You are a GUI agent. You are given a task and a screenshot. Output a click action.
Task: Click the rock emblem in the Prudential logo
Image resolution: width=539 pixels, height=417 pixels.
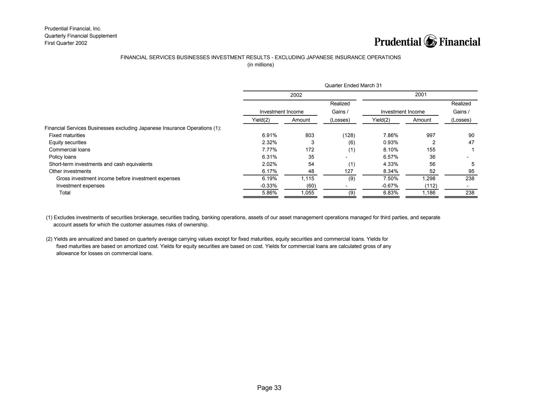pos(430,41)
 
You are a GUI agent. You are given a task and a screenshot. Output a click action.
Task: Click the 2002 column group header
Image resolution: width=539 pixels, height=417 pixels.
pos(296,95)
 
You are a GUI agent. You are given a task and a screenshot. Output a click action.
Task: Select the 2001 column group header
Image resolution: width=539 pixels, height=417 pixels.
pos(421,95)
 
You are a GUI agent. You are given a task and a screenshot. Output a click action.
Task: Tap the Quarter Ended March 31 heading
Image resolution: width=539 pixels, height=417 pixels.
pos(353,85)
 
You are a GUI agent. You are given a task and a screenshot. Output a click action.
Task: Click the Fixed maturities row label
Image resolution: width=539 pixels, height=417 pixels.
pos(67,135)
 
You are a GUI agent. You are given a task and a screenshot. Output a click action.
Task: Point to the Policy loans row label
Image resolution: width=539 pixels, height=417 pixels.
pos(62,157)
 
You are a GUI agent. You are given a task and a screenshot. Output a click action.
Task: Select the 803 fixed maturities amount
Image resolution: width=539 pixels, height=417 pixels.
pos(310,135)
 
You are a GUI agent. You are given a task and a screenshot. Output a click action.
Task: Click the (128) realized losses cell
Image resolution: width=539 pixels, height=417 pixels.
pos(348,135)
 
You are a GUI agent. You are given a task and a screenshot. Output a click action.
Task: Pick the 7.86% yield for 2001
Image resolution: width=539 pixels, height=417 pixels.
pos(391,135)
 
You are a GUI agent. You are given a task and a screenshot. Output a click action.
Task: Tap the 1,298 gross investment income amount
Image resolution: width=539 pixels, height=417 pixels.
pos(429,178)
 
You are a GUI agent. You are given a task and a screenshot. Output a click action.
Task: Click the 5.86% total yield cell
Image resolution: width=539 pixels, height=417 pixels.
pos(269,193)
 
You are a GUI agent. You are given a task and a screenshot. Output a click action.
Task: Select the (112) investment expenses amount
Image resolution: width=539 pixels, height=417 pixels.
pos(431,186)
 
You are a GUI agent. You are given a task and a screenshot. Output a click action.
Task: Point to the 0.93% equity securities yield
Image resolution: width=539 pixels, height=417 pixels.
pos(391,142)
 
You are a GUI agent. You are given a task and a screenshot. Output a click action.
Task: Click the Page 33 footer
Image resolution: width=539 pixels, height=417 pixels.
pos(269,388)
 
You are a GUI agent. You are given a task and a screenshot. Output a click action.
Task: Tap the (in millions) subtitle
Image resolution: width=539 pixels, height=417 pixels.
pos(261,65)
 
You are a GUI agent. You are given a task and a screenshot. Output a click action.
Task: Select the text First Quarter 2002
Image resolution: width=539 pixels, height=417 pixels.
pos(66,43)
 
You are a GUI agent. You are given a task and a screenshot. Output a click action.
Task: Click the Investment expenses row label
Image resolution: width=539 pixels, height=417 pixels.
pos(80,186)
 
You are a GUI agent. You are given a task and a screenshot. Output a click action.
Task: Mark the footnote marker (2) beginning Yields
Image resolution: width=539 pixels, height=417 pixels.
pos(49,239)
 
